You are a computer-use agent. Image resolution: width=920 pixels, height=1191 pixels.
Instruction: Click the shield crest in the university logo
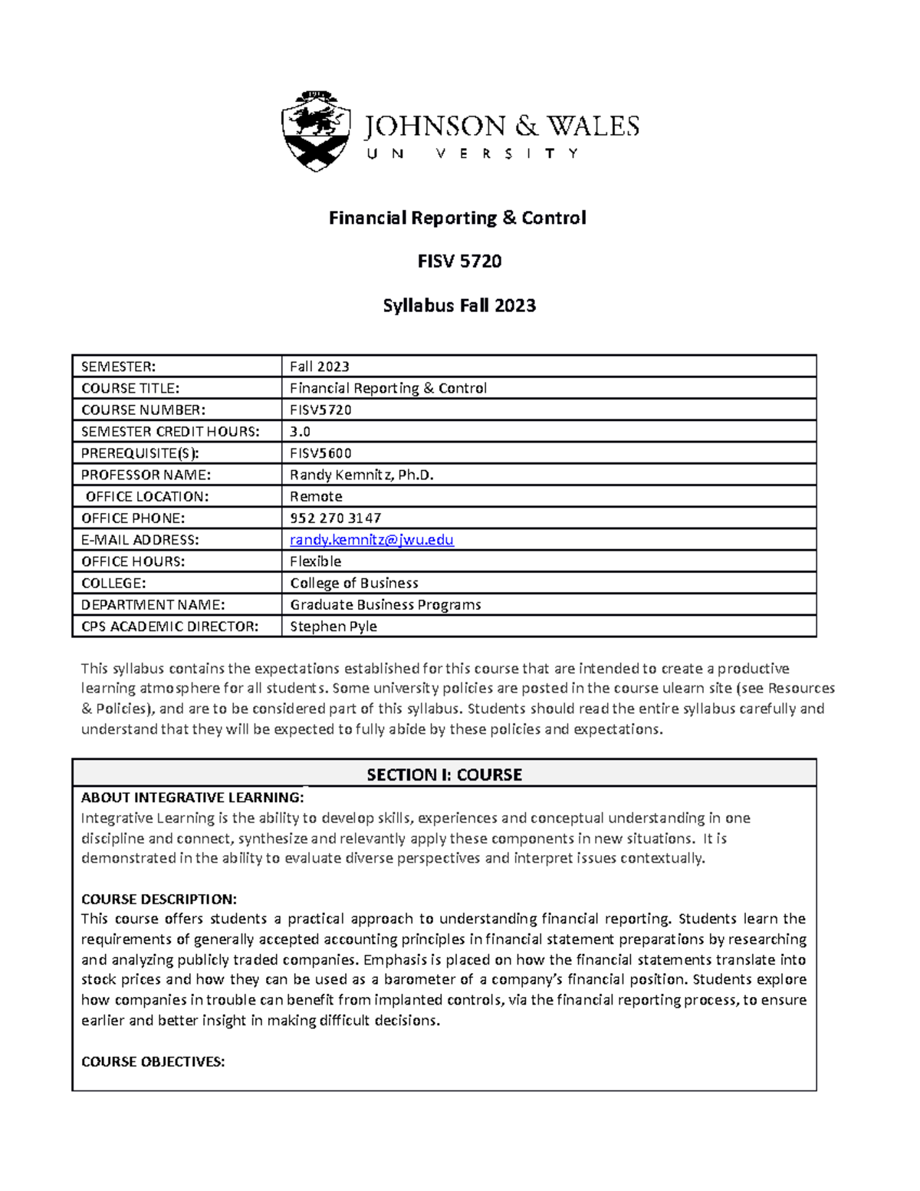(317, 130)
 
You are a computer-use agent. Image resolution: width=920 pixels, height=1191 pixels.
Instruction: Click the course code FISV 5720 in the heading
(459, 262)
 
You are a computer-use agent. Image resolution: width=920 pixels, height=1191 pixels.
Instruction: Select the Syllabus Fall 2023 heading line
(459, 305)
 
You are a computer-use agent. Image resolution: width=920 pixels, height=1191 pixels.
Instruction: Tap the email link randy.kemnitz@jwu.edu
(372, 540)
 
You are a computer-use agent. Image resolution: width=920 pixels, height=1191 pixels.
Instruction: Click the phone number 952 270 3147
(336, 518)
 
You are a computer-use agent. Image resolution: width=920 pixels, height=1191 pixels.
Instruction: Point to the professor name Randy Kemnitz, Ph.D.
(362, 475)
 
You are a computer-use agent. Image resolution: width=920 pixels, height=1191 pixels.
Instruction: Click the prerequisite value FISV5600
(320, 453)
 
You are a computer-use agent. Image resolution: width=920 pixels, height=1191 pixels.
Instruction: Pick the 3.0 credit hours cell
(300, 432)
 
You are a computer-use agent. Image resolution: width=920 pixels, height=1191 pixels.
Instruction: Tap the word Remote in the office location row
(316, 496)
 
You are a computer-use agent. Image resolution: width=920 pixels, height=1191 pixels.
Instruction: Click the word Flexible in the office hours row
(315, 561)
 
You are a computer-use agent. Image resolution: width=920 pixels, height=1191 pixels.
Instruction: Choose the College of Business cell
(354, 583)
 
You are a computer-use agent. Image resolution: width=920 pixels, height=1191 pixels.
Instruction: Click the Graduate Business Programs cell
(386, 604)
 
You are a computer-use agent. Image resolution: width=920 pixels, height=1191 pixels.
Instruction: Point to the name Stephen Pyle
(333, 627)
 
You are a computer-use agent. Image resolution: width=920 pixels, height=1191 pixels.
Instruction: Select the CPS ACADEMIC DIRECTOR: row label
(170, 627)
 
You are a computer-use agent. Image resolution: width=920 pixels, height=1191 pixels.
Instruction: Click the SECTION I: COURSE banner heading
(444, 775)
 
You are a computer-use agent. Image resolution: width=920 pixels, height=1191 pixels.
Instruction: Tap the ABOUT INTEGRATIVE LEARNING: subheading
(192, 798)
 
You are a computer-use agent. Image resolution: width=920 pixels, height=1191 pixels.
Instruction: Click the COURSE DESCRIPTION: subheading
(159, 899)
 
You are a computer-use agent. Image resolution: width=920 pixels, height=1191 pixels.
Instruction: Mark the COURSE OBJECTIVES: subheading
(153, 1062)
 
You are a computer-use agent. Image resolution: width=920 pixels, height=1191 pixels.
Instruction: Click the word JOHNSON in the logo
(435, 127)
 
